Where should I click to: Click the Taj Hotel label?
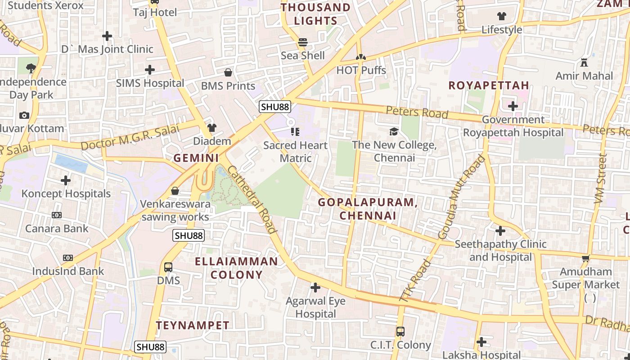click(x=155, y=13)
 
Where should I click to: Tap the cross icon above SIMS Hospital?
click(x=150, y=70)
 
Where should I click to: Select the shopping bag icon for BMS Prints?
click(x=228, y=72)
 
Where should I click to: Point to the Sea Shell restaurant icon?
click(x=303, y=42)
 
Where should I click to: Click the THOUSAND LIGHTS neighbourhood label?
click(x=315, y=14)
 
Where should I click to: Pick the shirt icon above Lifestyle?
click(x=502, y=16)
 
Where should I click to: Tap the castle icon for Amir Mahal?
click(x=584, y=62)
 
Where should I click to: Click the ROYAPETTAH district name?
click(x=489, y=85)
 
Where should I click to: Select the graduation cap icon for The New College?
click(x=394, y=131)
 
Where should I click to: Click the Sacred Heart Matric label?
click(x=295, y=152)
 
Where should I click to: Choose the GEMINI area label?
click(x=196, y=158)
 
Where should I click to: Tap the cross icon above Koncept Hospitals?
click(x=66, y=180)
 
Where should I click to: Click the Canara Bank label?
click(x=57, y=229)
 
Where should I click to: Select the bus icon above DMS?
click(x=168, y=267)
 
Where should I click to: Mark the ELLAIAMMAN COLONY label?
click(x=236, y=268)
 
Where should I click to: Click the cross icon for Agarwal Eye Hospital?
click(x=315, y=287)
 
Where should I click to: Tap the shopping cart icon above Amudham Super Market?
click(x=585, y=258)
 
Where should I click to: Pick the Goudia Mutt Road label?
click(x=461, y=197)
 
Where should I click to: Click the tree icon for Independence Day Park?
click(x=31, y=68)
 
